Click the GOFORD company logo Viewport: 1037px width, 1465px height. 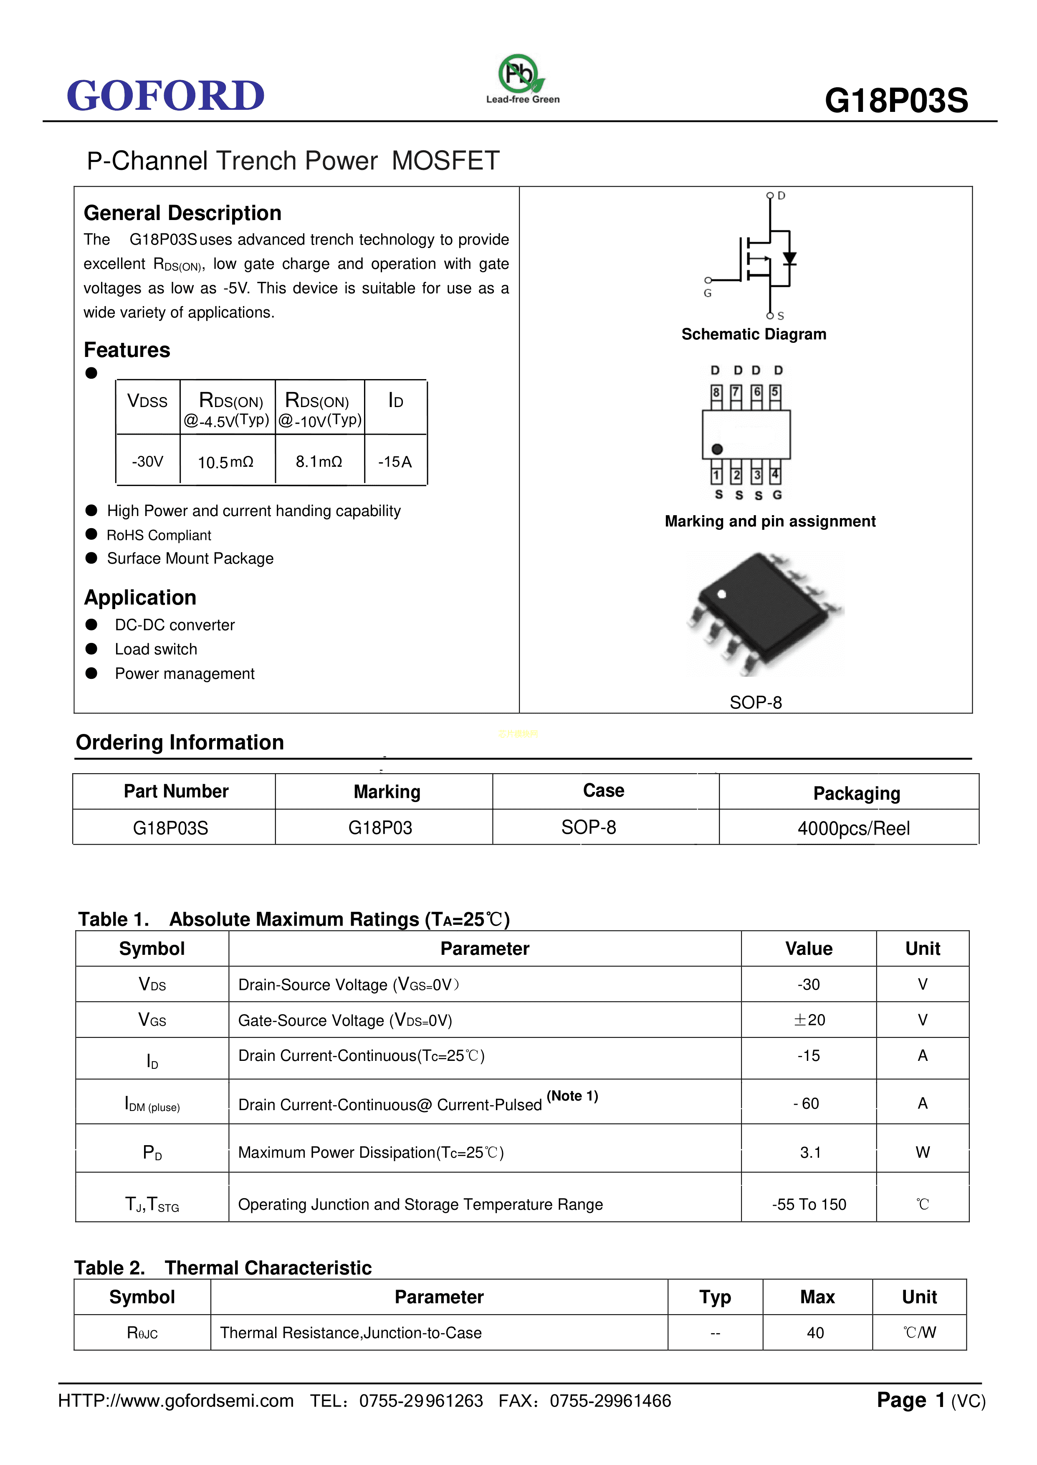[x=165, y=96]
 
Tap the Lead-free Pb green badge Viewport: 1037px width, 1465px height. [x=521, y=75]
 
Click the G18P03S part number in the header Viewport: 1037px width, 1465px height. [x=896, y=101]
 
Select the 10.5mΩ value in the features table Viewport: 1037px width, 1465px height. [x=225, y=462]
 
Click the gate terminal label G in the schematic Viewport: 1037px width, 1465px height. [x=708, y=293]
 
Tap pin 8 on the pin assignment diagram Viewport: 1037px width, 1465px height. [x=716, y=392]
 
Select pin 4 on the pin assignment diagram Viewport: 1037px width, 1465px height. [x=774, y=475]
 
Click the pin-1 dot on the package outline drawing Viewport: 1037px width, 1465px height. [x=717, y=449]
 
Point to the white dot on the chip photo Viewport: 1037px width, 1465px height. [x=721, y=594]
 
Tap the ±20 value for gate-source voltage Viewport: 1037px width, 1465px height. [x=809, y=1020]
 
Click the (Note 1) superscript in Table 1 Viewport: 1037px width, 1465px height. [x=572, y=1096]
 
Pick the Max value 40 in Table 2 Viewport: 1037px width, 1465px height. [x=815, y=1333]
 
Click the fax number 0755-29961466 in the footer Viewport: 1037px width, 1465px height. [x=610, y=1401]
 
